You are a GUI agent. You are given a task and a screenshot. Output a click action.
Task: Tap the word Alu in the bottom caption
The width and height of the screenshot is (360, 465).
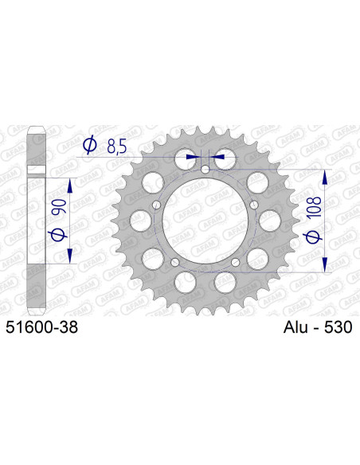(x=299, y=327)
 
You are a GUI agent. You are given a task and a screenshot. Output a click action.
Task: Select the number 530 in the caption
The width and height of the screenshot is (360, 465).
(x=338, y=327)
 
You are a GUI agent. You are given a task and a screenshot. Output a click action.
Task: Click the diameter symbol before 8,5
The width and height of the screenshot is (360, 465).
(x=89, y=146)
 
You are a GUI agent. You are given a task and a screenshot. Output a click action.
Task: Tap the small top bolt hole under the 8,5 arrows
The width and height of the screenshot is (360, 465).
(x=205, y=170)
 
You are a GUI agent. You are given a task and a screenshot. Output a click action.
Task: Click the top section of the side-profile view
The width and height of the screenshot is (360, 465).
(x=34, y=143)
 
